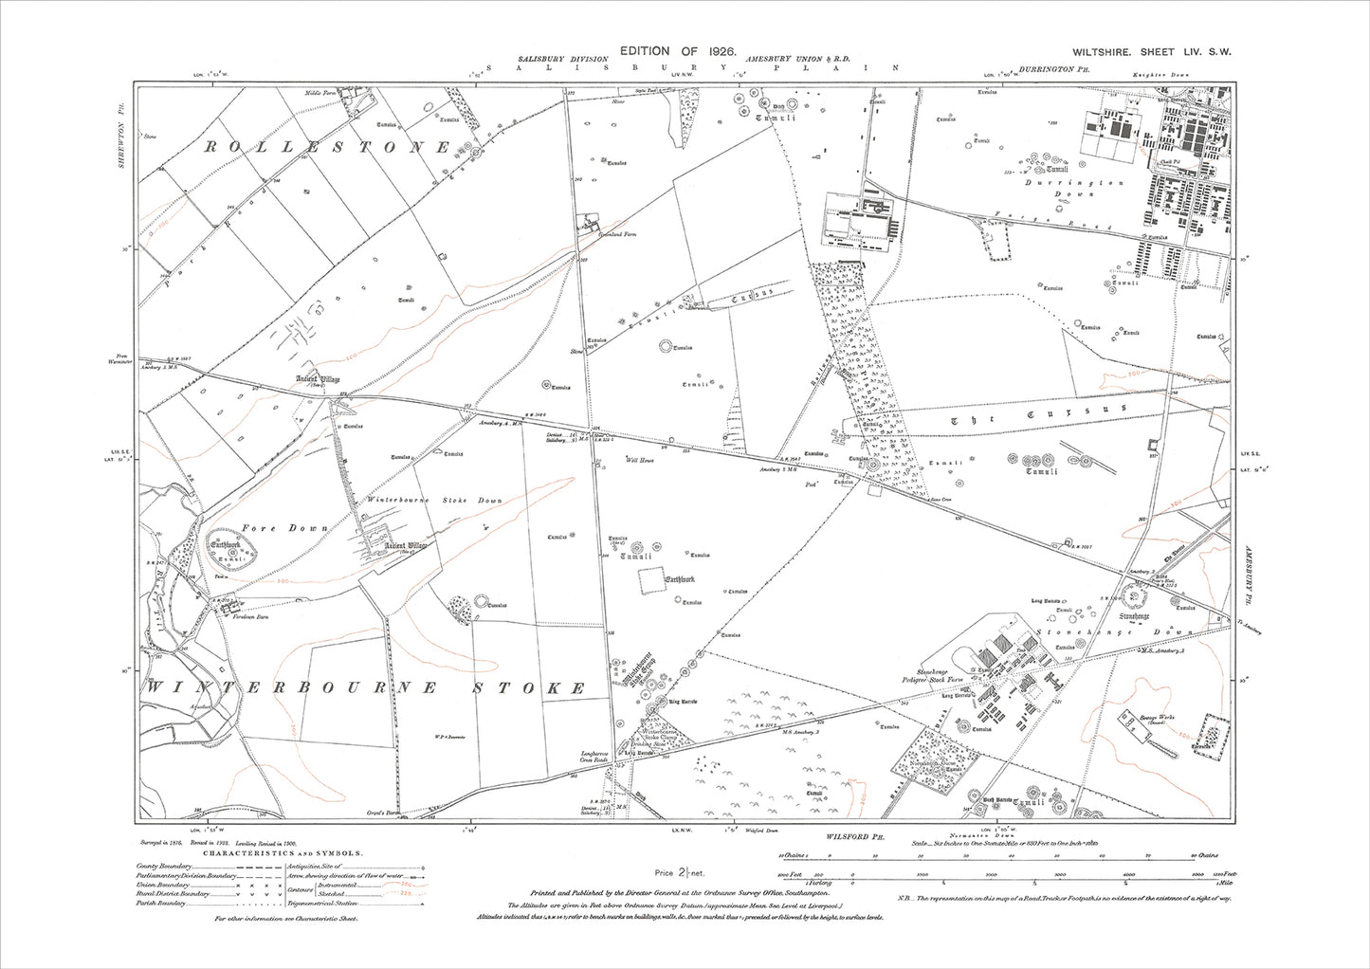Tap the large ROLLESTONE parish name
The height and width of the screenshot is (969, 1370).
327,147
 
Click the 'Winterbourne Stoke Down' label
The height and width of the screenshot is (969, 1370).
435,500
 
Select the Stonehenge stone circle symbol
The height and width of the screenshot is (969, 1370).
1134,595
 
